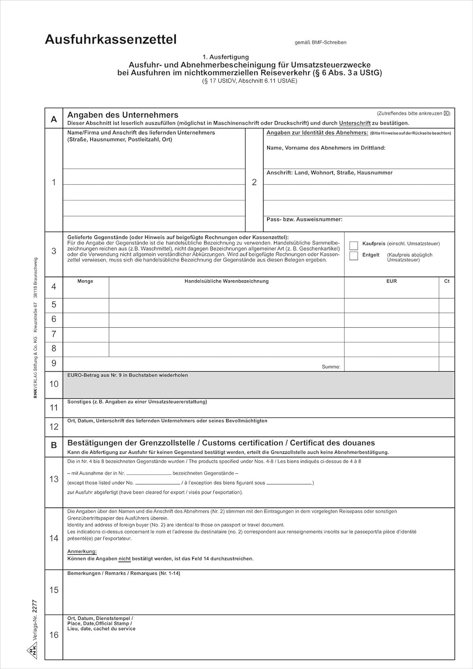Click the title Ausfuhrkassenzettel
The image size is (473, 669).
(111, 40)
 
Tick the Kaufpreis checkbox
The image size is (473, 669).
(354, 246)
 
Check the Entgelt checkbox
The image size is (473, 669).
(354, 256)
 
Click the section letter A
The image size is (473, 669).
(54, 119)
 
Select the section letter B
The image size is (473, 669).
(54, 445)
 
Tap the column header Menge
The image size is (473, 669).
(85, 281)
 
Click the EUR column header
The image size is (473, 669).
(391, 281)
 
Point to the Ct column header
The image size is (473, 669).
(447, 281)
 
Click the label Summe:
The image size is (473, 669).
(331, 367)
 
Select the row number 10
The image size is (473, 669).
(54, 384)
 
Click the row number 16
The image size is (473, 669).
(54, 635)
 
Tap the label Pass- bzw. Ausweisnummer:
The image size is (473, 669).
(304, 219)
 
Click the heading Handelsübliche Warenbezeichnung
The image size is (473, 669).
(226, 281)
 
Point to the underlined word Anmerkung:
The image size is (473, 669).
(82, 552)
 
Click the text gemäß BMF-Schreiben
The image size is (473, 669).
(321, 43)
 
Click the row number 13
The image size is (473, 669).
(54, 479)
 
